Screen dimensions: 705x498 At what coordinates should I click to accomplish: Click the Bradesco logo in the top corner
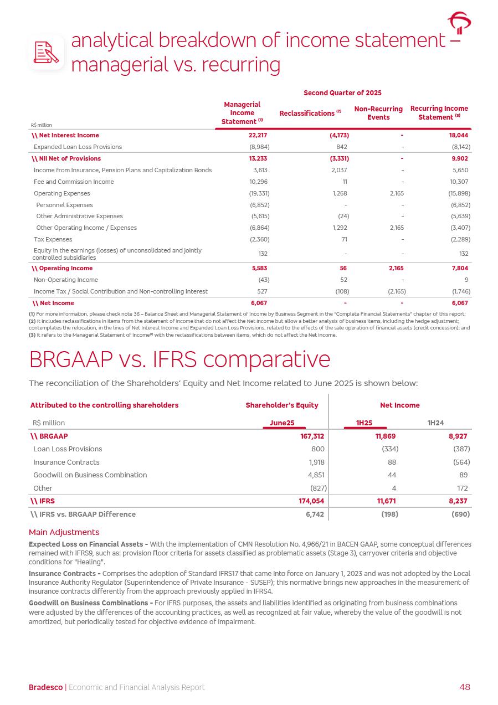[x=459, y=23]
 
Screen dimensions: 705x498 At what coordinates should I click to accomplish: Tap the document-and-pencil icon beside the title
[x=47, y=53]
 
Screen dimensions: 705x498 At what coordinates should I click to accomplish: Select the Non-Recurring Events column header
[x=378, y=113]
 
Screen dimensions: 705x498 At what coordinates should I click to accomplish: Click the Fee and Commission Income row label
[x=74, y=182]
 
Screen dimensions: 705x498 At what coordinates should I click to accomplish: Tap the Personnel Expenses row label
[x=64, y=205]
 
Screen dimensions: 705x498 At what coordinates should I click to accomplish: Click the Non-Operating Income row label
[x=66, y=280]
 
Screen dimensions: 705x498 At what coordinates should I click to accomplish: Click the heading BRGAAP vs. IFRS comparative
[x=179, y=360]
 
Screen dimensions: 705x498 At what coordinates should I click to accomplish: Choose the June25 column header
[x=282, y=423]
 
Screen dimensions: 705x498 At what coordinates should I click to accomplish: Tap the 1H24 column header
[x=435, y=423]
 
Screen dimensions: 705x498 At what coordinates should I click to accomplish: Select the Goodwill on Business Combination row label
[x=90, y=475]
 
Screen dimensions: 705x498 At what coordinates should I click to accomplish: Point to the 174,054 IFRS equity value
[x=310, y=501]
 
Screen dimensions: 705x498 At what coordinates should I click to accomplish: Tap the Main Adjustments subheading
[x=64, y=532]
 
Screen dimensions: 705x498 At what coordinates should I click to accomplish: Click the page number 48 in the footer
[x=464, y=687]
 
